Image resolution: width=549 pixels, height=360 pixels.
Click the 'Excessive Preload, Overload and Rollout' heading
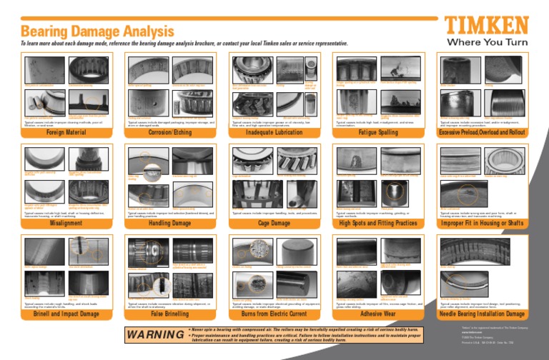483,132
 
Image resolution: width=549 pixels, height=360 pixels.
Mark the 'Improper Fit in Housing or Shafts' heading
483,223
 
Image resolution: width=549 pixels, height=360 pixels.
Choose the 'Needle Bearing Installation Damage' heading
483,314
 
